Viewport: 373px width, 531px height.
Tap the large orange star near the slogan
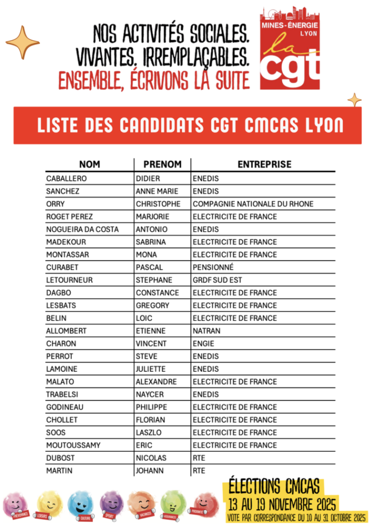click(22, 42)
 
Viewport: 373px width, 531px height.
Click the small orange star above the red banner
click(354, 99)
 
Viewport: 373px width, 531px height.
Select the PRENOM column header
click(162, 164)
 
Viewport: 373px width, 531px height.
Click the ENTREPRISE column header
click(264, 164)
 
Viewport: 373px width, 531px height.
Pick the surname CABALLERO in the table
click(66, 179)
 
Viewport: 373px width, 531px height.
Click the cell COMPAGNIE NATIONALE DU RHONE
click(253, 204)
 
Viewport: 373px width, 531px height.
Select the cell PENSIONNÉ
click(213, 268)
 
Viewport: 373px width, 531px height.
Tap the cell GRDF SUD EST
click(217, 280)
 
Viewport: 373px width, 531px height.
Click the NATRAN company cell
click(206, 331)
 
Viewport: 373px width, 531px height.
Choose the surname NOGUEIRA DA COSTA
click(82, 230)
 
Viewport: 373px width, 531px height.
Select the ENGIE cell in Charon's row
click(203, 344)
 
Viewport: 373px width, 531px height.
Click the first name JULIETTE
click(151, 369)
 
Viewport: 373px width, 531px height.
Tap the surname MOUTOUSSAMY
click(73, 445)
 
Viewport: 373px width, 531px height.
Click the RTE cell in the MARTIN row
click(199, 471)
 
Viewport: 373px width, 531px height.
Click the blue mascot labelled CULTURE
click(81, 505)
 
